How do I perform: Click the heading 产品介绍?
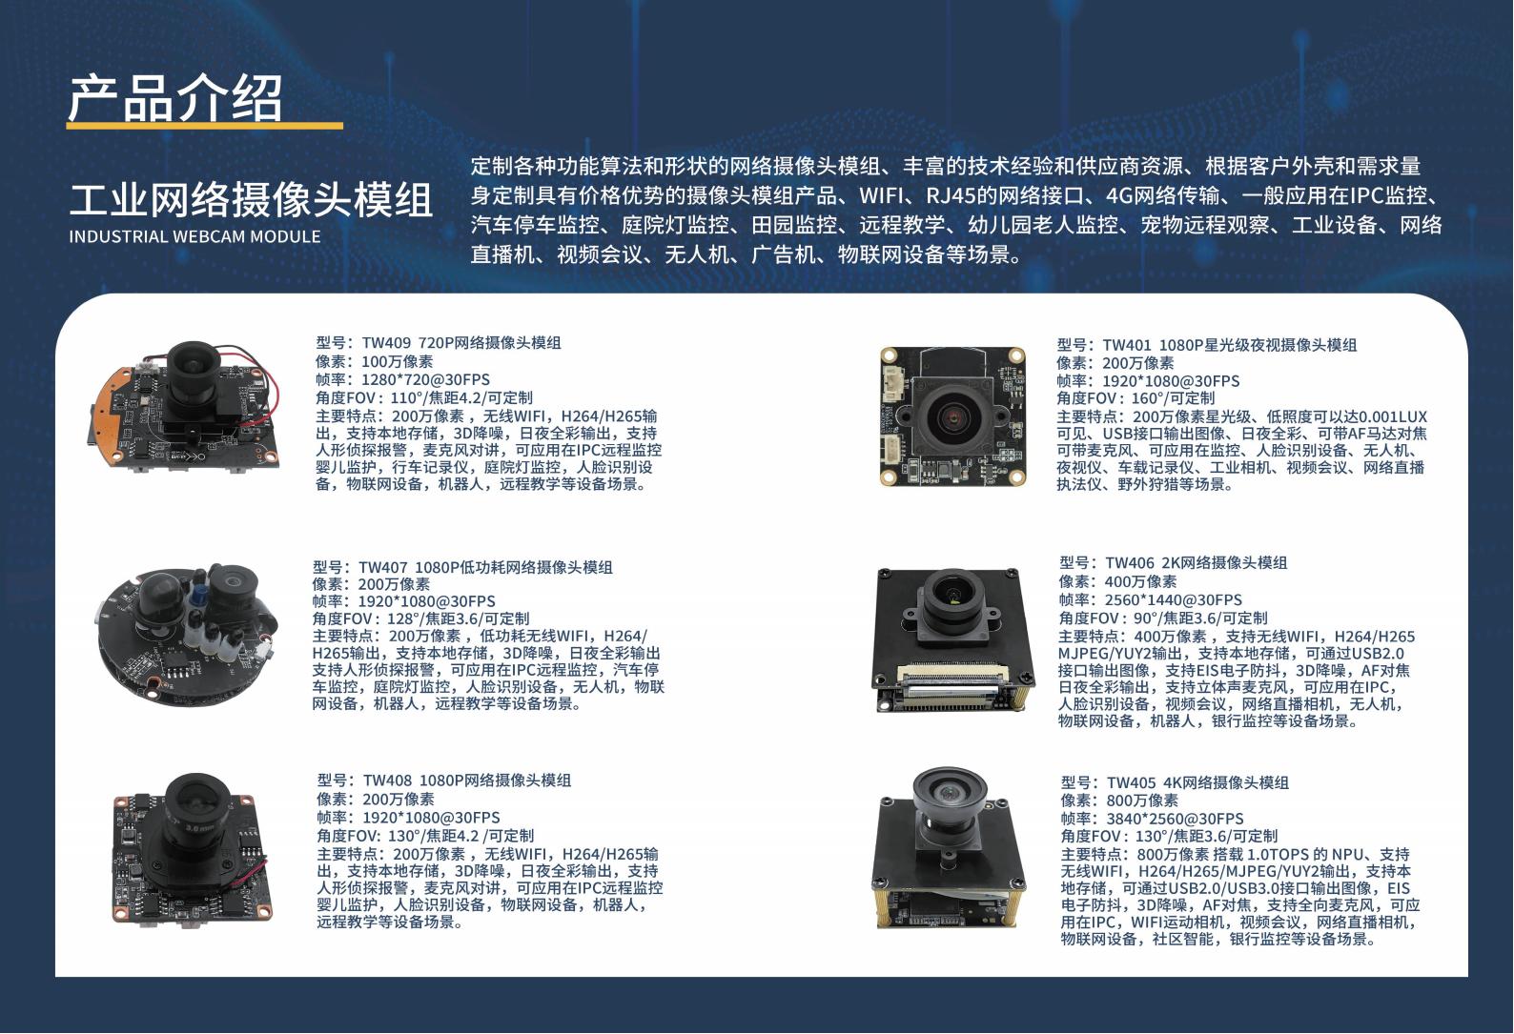coord(175,98)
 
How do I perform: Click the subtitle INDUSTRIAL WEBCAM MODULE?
coord(194,236)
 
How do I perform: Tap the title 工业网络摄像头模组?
coord(251,199)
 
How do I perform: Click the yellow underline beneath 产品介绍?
coord(205,125)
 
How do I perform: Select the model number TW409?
coord(386,343)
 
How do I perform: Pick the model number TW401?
coord(1127,345)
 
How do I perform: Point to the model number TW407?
coord(382,567)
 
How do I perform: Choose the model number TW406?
coord(1130,562)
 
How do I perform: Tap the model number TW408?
coord(387,781)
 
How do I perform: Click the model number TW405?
coord(1131,782)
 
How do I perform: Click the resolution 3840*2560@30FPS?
coord(1175,819)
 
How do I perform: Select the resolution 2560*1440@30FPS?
coord(1174,599)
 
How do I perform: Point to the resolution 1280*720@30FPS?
coord(426,380)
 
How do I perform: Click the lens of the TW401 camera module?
coord(953,416)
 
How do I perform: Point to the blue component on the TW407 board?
coord(199,595)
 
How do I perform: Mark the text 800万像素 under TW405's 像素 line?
coord(1142,801)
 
